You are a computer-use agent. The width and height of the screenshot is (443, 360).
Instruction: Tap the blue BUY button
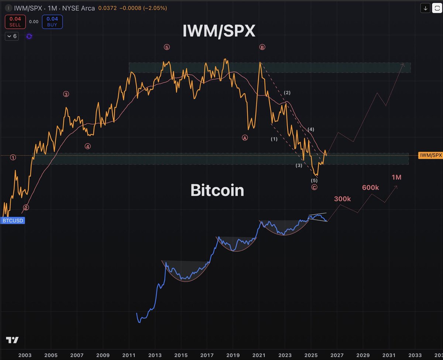pos(52,22)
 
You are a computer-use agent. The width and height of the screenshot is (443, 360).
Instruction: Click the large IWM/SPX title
pos(219,32)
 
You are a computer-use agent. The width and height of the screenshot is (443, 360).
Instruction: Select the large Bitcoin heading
pos(217,190)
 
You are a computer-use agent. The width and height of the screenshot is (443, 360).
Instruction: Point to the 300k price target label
pos(342,199)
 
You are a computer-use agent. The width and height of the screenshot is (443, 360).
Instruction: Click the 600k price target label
pos(370,188)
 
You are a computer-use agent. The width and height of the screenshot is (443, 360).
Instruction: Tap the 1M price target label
pos(396,177)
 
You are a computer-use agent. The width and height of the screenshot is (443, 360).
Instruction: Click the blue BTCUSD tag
pos(13,221)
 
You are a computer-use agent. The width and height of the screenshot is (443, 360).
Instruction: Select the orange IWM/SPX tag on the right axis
pos(430,155)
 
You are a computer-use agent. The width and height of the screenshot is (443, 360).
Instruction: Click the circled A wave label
pos(244,137)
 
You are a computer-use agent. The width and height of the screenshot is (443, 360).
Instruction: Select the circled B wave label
pos(262,47)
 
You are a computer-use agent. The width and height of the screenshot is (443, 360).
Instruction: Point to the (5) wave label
pos(314,181)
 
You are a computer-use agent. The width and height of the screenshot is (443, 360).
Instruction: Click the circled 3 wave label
pos(66,94)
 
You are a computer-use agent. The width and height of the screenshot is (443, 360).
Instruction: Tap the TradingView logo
pos(12,340)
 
